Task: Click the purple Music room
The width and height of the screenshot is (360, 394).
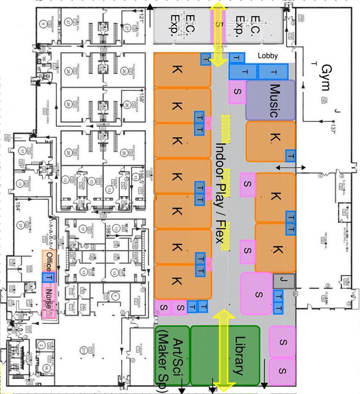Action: click(270, 100)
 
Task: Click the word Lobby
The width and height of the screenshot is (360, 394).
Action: click(268, 56)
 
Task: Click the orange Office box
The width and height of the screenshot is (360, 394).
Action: click(49, 261)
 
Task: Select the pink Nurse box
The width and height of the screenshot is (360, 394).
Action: click(49, 302)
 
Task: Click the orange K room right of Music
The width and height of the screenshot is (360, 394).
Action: click(271, 141)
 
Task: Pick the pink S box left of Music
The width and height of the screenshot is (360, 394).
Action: click(237, 91)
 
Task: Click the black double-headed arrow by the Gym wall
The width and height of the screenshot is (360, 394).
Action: click(290, 168)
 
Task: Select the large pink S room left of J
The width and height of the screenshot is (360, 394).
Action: click(257, 293)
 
